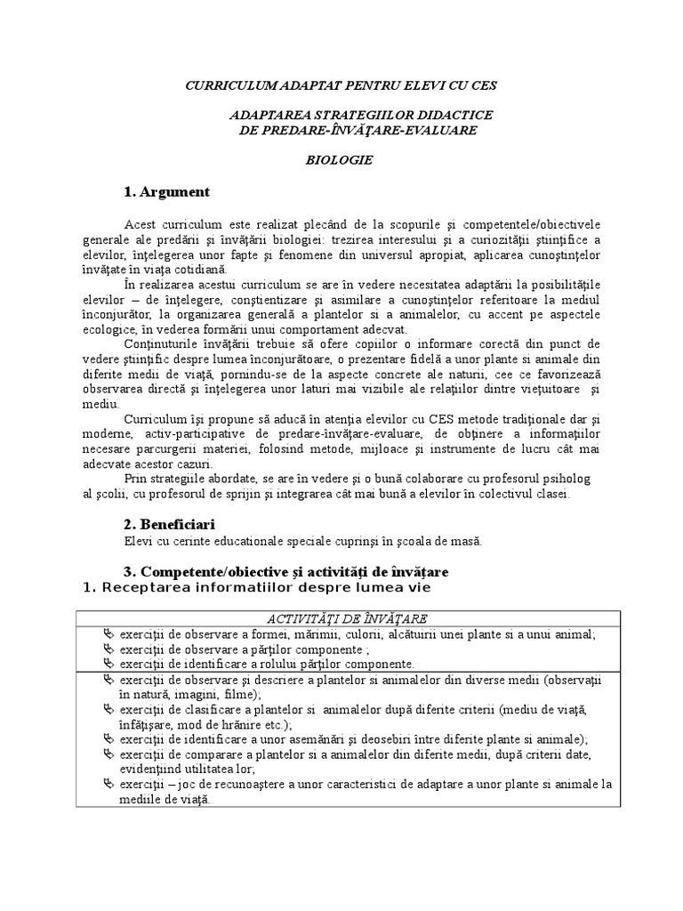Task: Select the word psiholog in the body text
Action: (563, 479)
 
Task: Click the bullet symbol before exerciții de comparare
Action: (109, 754)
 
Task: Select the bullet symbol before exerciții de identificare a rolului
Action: (109, 664)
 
